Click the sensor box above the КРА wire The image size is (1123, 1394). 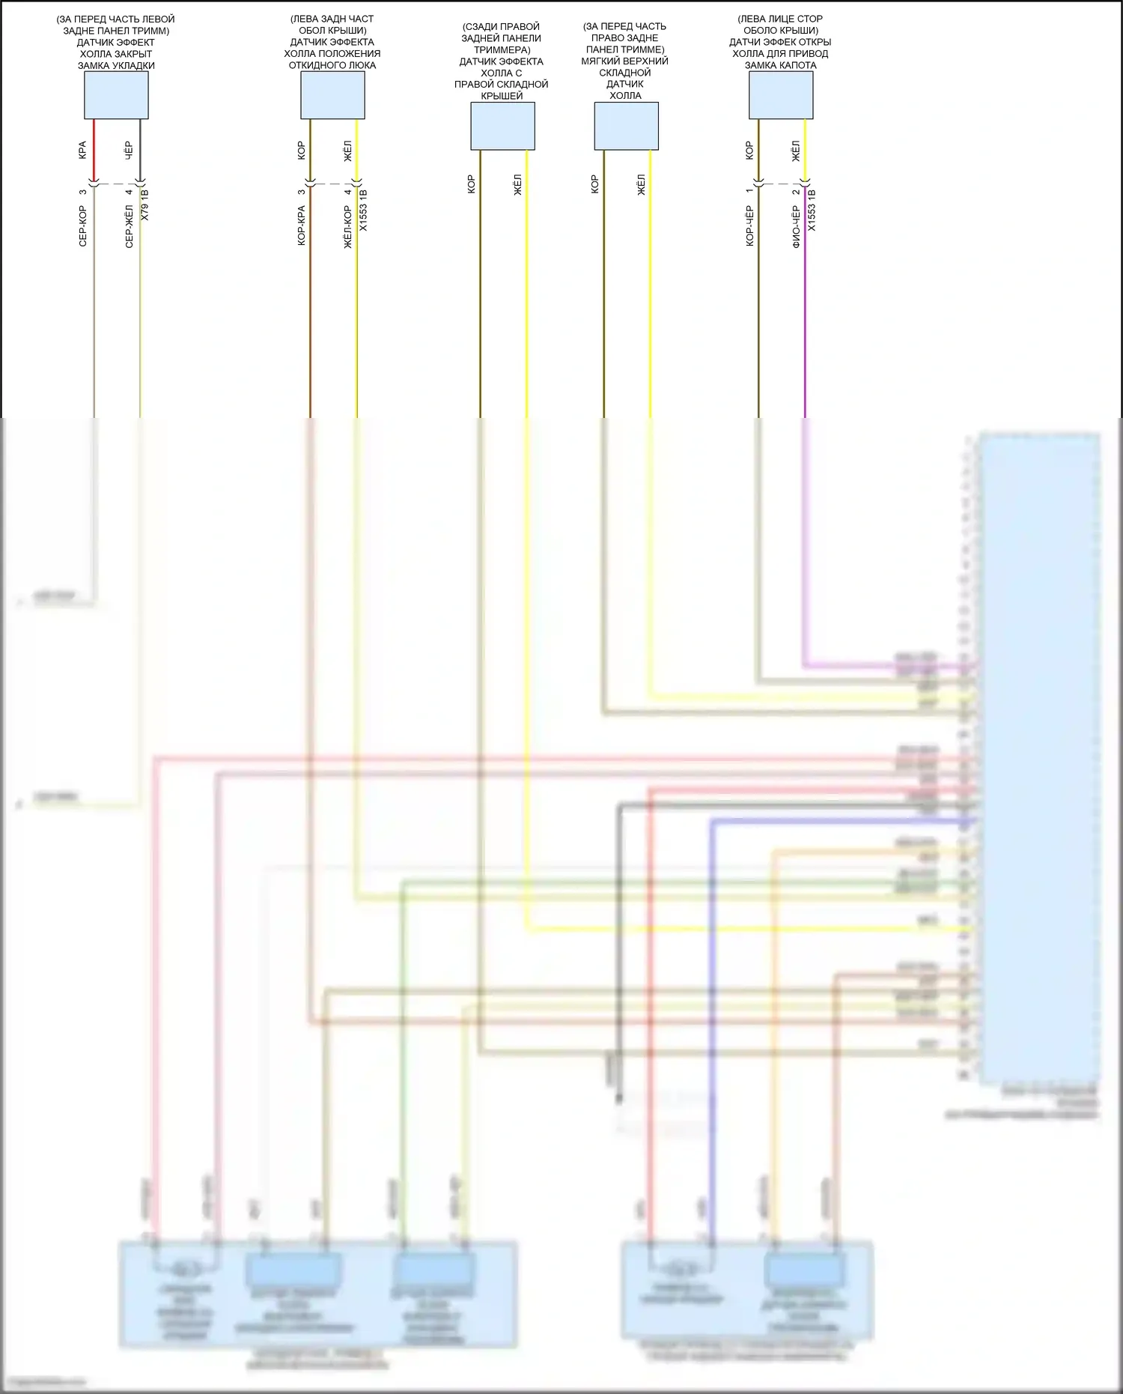click(116, 95)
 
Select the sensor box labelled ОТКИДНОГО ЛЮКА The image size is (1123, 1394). click(332, 95)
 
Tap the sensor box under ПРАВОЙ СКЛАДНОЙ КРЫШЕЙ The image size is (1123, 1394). click(502, 126)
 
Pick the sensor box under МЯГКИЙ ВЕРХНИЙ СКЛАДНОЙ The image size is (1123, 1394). click(626, 126)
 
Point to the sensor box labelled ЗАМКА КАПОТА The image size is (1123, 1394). click(781, 95)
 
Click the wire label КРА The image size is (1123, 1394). click(82, 150)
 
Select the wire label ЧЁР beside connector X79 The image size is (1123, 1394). click(128, 150)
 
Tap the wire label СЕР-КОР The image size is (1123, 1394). click(82, 226)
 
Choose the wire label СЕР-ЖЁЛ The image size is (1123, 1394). click(129, 226)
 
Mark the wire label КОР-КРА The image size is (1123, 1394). click(301, 226)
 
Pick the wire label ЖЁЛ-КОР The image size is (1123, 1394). click(347, 227)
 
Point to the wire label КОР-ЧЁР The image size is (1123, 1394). click(749, 226)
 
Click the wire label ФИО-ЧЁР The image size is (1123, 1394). click(796, 227)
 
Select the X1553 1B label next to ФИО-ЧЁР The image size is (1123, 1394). click(812, 210)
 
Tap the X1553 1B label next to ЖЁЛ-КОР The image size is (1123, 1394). click(363, 210)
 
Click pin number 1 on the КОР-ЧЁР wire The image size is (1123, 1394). click(749, 190)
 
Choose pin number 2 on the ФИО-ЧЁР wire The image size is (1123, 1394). click(796, 191)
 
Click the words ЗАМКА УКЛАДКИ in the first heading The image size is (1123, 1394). click(116, 65)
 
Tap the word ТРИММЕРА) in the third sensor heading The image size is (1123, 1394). click(502, 49)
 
